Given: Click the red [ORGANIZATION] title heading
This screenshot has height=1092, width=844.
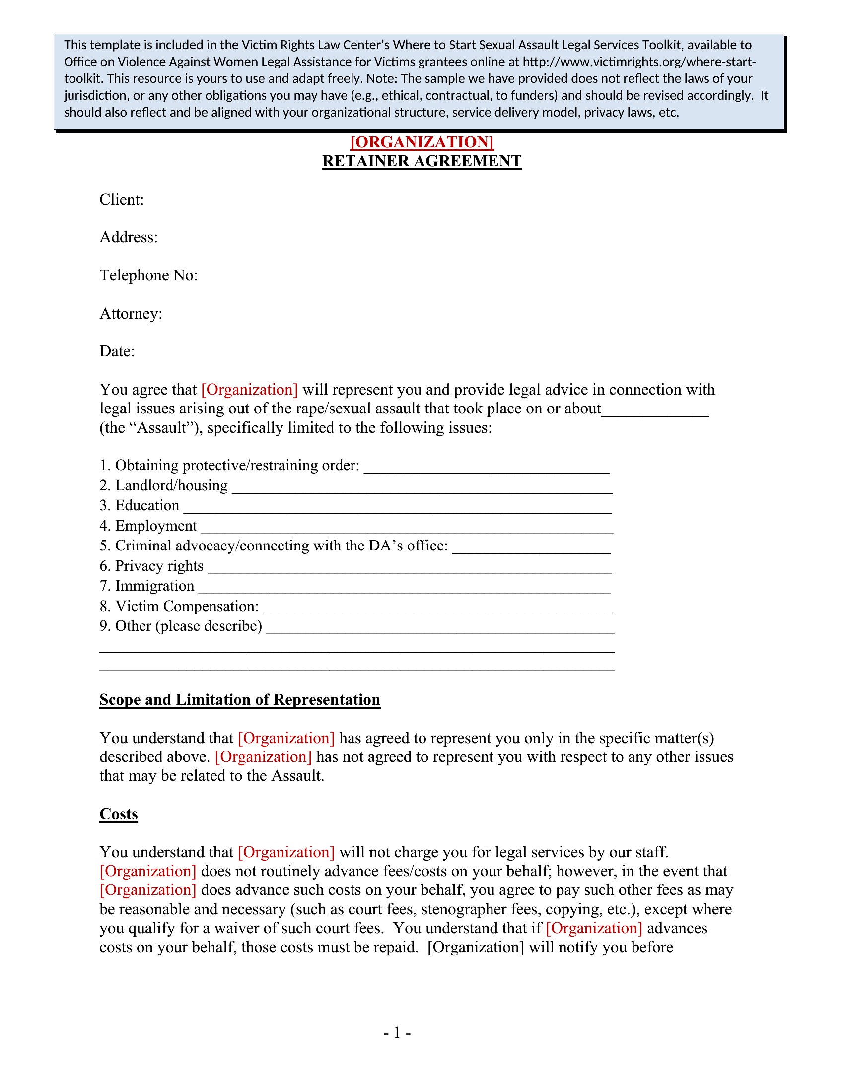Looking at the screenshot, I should pos(422,142).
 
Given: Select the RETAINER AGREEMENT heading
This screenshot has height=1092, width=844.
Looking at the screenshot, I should pos(422,161).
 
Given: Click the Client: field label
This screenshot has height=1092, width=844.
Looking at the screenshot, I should pos(122,200).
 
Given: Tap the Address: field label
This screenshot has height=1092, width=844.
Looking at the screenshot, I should pos(129,237).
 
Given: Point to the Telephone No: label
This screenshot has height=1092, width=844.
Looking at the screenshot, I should pos(148,275).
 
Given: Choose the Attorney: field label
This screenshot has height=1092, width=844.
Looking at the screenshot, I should pos(131,314).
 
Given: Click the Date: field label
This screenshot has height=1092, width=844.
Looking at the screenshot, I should pos(117,351).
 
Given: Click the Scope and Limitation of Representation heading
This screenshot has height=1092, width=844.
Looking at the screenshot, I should pos(239,700).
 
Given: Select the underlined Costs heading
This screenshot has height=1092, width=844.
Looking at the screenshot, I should pos(119,814).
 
